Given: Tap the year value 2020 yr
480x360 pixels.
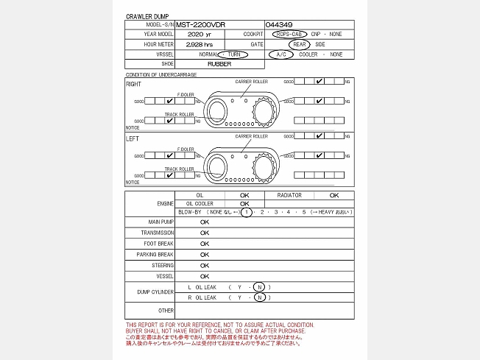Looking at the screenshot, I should (200, 34).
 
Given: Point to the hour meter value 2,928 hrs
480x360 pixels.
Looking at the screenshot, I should (200, 44).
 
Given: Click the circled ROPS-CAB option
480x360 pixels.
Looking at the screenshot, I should (288, 34).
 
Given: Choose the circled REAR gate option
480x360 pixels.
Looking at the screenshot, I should (299, 44).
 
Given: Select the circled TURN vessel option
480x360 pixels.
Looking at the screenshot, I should (233, 54).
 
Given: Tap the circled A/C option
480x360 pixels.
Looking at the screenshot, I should (280, 54).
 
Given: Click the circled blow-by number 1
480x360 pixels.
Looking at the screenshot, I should (248, 212).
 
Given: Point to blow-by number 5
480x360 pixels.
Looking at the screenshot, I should (303, 212).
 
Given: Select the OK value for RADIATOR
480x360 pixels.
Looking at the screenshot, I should (333, 195).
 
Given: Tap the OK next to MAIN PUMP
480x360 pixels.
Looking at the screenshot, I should (205, 222).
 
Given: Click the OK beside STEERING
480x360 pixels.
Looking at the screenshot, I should (205, 265).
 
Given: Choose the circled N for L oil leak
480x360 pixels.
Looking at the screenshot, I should (259, 286).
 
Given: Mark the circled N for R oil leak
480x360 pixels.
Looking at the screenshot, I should (259, 297).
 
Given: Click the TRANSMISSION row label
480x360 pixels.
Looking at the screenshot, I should (158, 233).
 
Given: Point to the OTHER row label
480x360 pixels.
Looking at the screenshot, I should (166, 311).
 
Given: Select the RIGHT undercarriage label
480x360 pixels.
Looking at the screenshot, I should (133, 84).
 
